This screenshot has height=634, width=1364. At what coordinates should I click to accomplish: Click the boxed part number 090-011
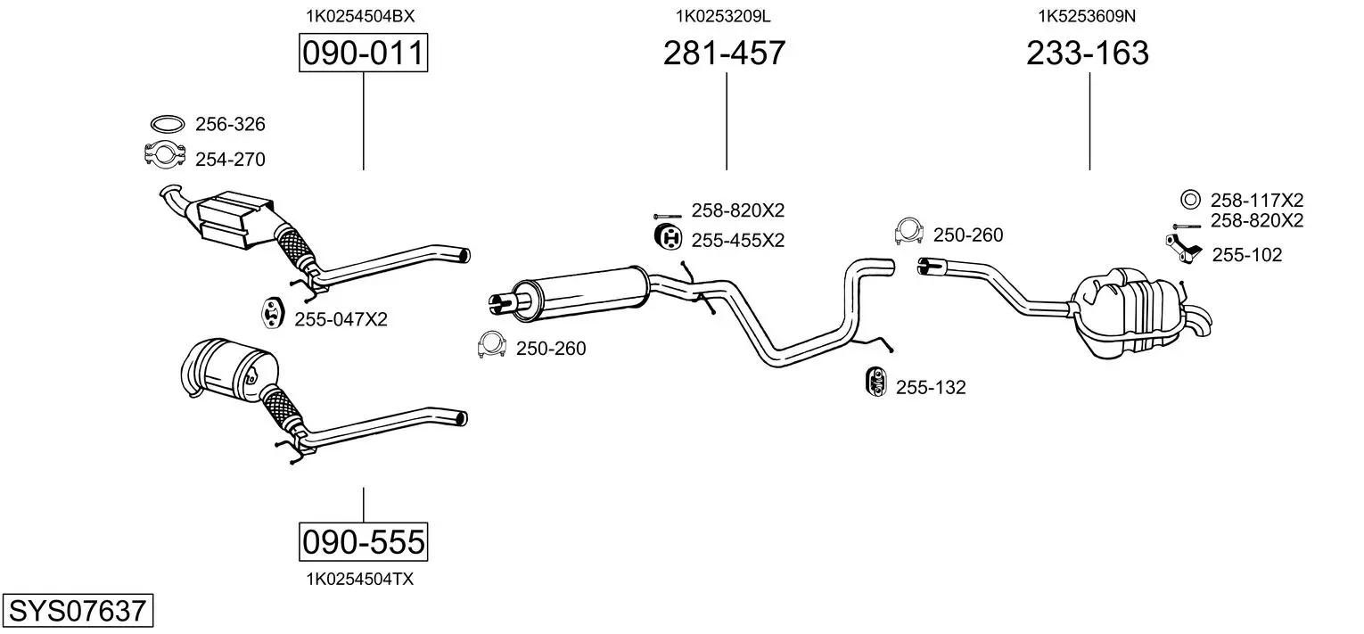[363, 53]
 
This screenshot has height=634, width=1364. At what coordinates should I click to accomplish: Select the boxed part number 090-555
[363, 541]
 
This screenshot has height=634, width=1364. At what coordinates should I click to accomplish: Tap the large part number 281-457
[724, 53]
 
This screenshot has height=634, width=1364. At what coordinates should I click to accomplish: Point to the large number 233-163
[1088, 53]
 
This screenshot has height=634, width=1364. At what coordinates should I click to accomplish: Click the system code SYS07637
[78, 610]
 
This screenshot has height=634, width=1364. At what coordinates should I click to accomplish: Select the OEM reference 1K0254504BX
[360, 16]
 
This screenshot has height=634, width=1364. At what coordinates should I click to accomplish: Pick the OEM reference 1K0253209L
[723, 16]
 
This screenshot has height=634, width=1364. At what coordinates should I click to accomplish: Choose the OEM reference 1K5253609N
[1087, 16]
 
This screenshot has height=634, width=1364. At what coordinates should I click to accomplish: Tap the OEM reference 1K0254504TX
[360, 580]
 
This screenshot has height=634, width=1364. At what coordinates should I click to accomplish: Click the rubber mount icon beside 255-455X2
[668, 237]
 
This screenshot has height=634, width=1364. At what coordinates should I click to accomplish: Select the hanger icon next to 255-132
[875, 382]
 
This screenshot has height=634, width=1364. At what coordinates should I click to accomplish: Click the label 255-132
[931, 387]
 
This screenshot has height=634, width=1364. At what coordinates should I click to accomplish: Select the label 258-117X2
[1256, 200]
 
